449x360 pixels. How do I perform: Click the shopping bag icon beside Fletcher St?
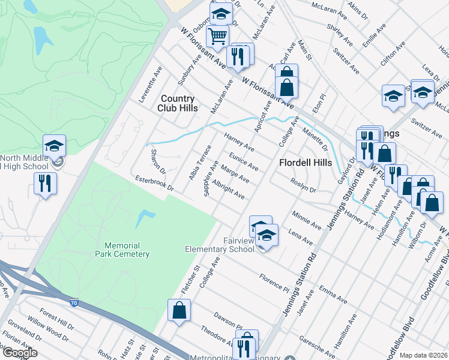[179, 311]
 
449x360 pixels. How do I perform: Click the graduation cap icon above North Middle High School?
[54, 145]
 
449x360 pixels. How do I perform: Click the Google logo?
[19, 353]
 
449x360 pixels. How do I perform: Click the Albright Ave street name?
[228, 191]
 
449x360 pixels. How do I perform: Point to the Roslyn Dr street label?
[303, 186]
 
